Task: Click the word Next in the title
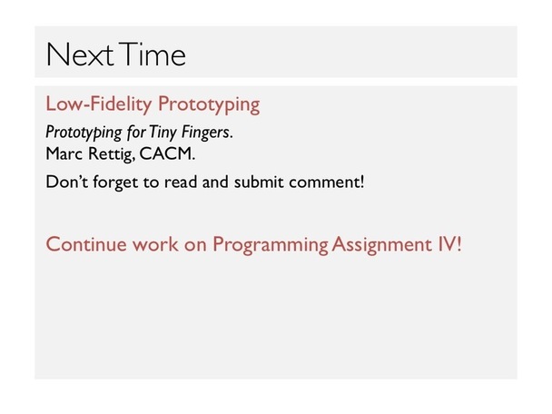point(80,54)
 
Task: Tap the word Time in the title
point(152,54)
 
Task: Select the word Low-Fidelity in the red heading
point(99,103)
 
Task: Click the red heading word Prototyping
point(209,104)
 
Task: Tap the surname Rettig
point(112,154)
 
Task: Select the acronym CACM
point(167,153)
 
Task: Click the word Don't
point(67,182)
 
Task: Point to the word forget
point(115,182)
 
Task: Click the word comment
point(326,182)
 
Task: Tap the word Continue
point(86,244)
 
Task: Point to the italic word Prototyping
point(84,133)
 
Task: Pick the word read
point(181,182)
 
